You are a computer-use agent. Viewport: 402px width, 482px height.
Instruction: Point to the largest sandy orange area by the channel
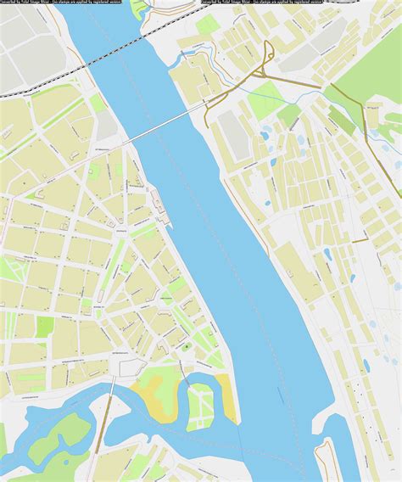tap(153, 400)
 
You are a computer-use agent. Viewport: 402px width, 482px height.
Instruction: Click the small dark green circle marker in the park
tap(185, 348)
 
